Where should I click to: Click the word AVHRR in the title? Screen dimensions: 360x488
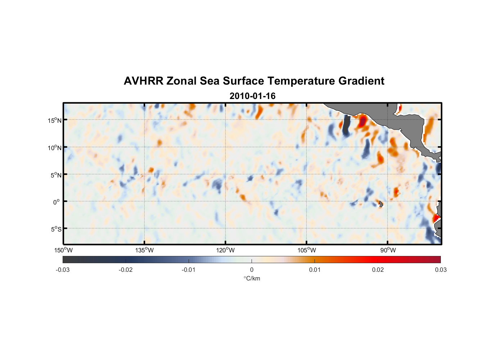[x=143, y=81]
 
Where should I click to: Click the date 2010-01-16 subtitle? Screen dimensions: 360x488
[x=252, y=96]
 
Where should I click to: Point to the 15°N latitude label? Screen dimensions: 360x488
[x=55, y=120]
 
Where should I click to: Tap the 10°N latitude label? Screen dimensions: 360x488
[x=55, y=148]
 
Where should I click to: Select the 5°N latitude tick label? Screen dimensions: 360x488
[x=56, y=175]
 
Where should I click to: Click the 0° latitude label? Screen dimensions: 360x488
[x=57, y=202]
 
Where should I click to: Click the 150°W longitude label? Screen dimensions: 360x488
[x=63, y=250]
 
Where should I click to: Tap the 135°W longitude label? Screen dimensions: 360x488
[x=144, y=250]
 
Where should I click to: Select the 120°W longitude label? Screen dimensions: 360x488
[x=225, y=250]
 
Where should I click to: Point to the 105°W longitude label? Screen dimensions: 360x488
[x=307, y=250]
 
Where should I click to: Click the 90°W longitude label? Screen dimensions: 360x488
[x=388, y=250]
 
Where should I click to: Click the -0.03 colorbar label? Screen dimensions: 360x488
[x=63, y=270]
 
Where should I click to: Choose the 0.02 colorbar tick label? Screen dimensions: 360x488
[x=378, y=270]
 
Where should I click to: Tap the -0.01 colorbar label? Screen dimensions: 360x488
[x=189, y=270]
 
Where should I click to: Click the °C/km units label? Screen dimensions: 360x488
[x=252, y=278]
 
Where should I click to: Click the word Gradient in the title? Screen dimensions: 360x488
[x=361, y=81]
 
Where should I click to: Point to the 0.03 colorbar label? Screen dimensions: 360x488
[x=440, y=270]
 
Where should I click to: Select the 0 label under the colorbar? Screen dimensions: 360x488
[x=252, y=270]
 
